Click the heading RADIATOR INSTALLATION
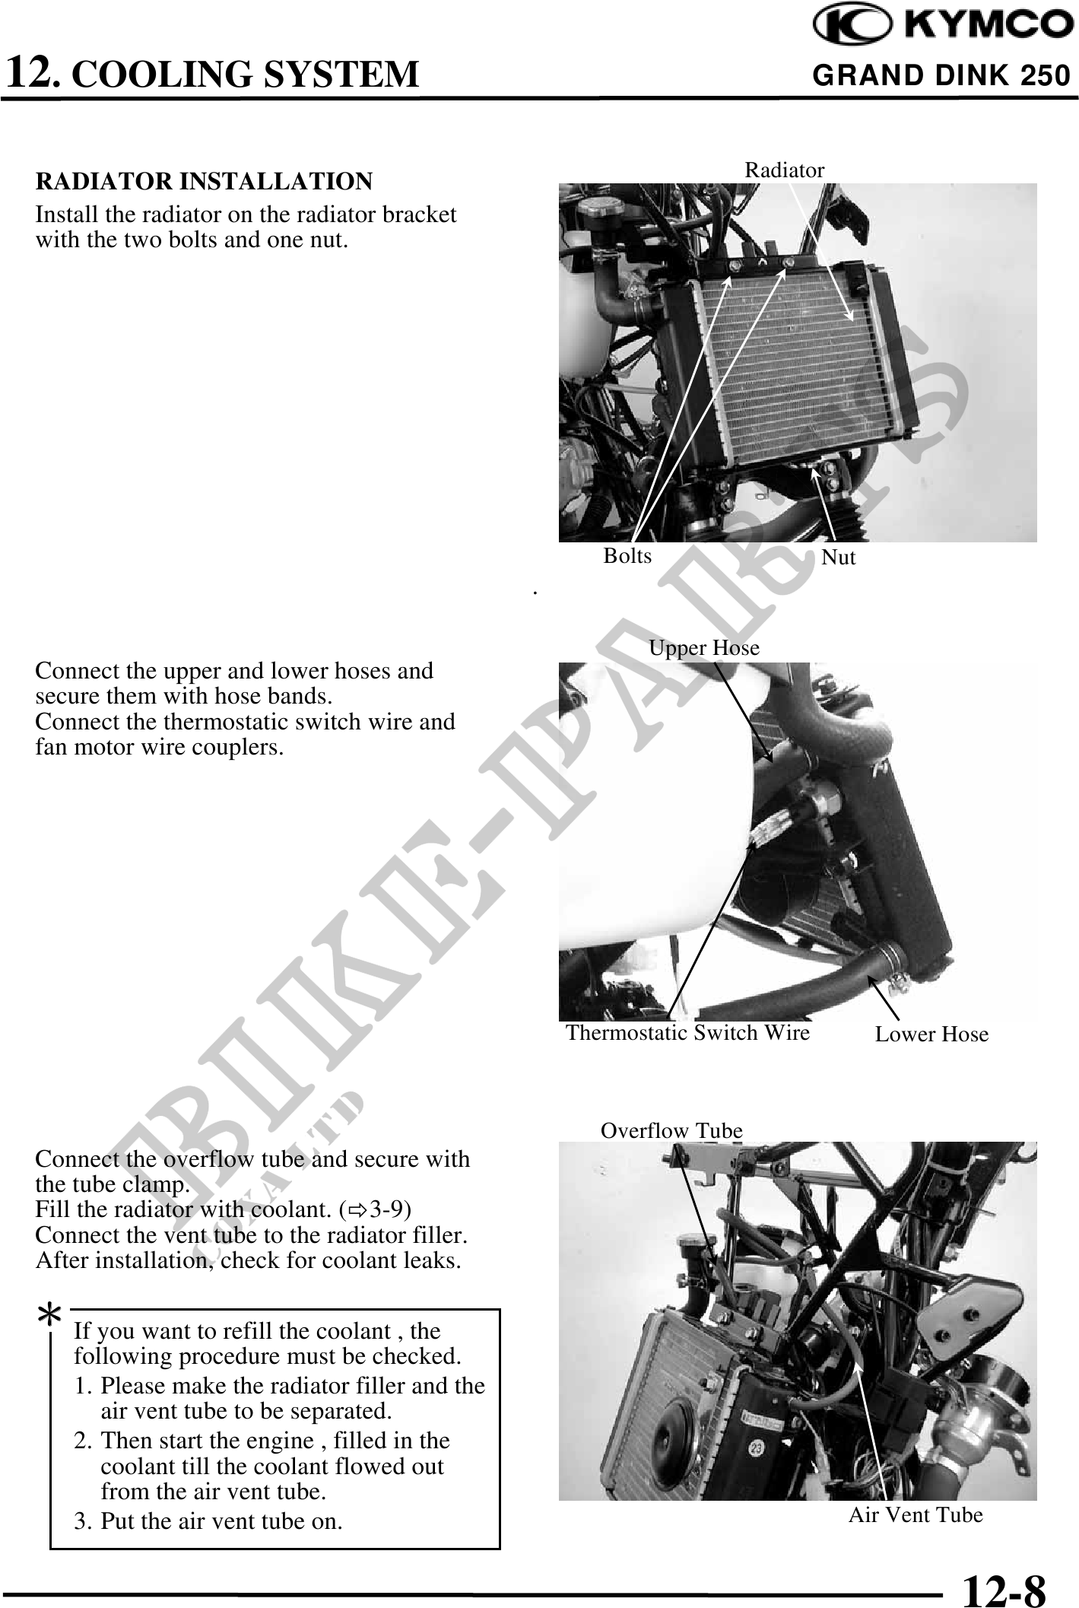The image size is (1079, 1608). click(204, 182)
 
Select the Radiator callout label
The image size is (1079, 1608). click(784, 170)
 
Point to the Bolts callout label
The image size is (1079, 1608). click(627, 556)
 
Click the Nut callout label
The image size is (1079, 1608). click(839, 558)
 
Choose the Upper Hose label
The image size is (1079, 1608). click(704, 648)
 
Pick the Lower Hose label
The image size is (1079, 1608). click(931, 1034)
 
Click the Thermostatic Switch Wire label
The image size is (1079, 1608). click(687, 1033)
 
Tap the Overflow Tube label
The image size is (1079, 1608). click(671, 1131)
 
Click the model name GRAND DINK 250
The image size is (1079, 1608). click(941, 76)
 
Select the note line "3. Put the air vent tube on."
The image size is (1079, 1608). click(208, 1521)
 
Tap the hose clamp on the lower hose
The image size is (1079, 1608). click(892, 960)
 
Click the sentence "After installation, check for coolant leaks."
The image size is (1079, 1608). click(248, 1260)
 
